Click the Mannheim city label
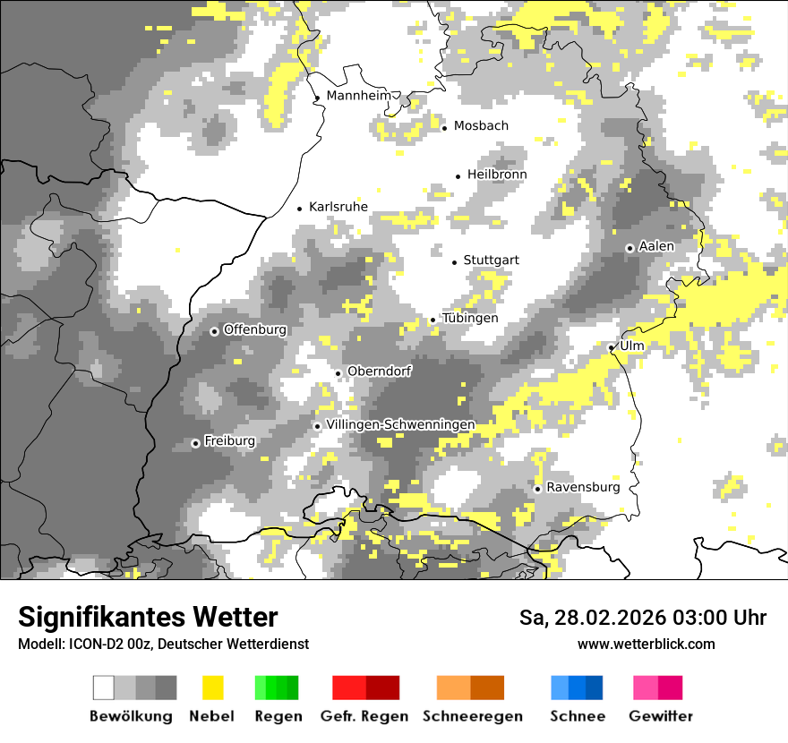360,96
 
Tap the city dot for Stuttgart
454,262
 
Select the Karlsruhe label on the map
338,207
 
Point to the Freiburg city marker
195,443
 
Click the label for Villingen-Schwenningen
400,424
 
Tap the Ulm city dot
611,348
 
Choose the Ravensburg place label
583,487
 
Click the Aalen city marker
630,248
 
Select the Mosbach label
481,125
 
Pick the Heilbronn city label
497,174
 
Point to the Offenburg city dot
214,331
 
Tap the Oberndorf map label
380,371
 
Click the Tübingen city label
470,318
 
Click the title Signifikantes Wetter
148,618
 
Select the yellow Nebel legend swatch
213,687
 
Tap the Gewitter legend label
661,716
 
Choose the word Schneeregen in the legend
473,716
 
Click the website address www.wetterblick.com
646,644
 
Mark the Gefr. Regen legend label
364,716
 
